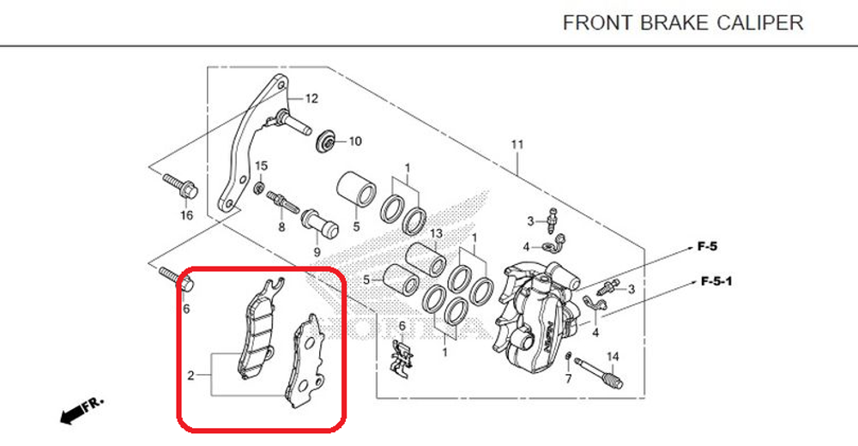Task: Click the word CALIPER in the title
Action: (x=760, y=22)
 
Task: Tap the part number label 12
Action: (x=311, y=99)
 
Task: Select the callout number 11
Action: (x=517, y=144)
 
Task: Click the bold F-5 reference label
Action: (x=707, y=247)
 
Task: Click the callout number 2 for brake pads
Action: (x=192, y=375)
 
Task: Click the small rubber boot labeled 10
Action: (x=326, y=141)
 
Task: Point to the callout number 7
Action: (x=568, y=377)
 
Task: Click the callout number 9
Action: (x=317, y=252)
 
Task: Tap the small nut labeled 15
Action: (x=258, y=186)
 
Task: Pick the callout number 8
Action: (x=281, y=227)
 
